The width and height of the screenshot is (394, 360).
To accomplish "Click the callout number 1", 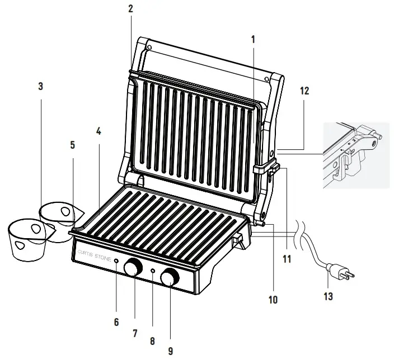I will click(253, 40).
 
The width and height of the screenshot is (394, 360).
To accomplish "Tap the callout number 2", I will click(130, 9).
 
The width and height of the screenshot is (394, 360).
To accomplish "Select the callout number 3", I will click(41, 87).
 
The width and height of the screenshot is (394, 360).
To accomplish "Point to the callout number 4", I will click(98, 133).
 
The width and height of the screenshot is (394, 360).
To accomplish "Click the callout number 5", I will click(72, 145).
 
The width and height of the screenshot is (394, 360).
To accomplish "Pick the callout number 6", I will click(116, 322).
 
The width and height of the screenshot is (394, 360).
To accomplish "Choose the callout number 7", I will click(135, 333).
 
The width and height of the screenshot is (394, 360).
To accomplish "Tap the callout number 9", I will click(171, 351).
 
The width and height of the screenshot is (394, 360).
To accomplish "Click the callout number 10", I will click(273, 300).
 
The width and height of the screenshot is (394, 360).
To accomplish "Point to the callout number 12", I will click(304, 90).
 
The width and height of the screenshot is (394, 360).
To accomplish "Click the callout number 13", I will click(329, 297).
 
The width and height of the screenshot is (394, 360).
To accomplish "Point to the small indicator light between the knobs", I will click(153, 271).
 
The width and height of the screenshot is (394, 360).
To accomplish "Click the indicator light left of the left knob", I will click(116, 261).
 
